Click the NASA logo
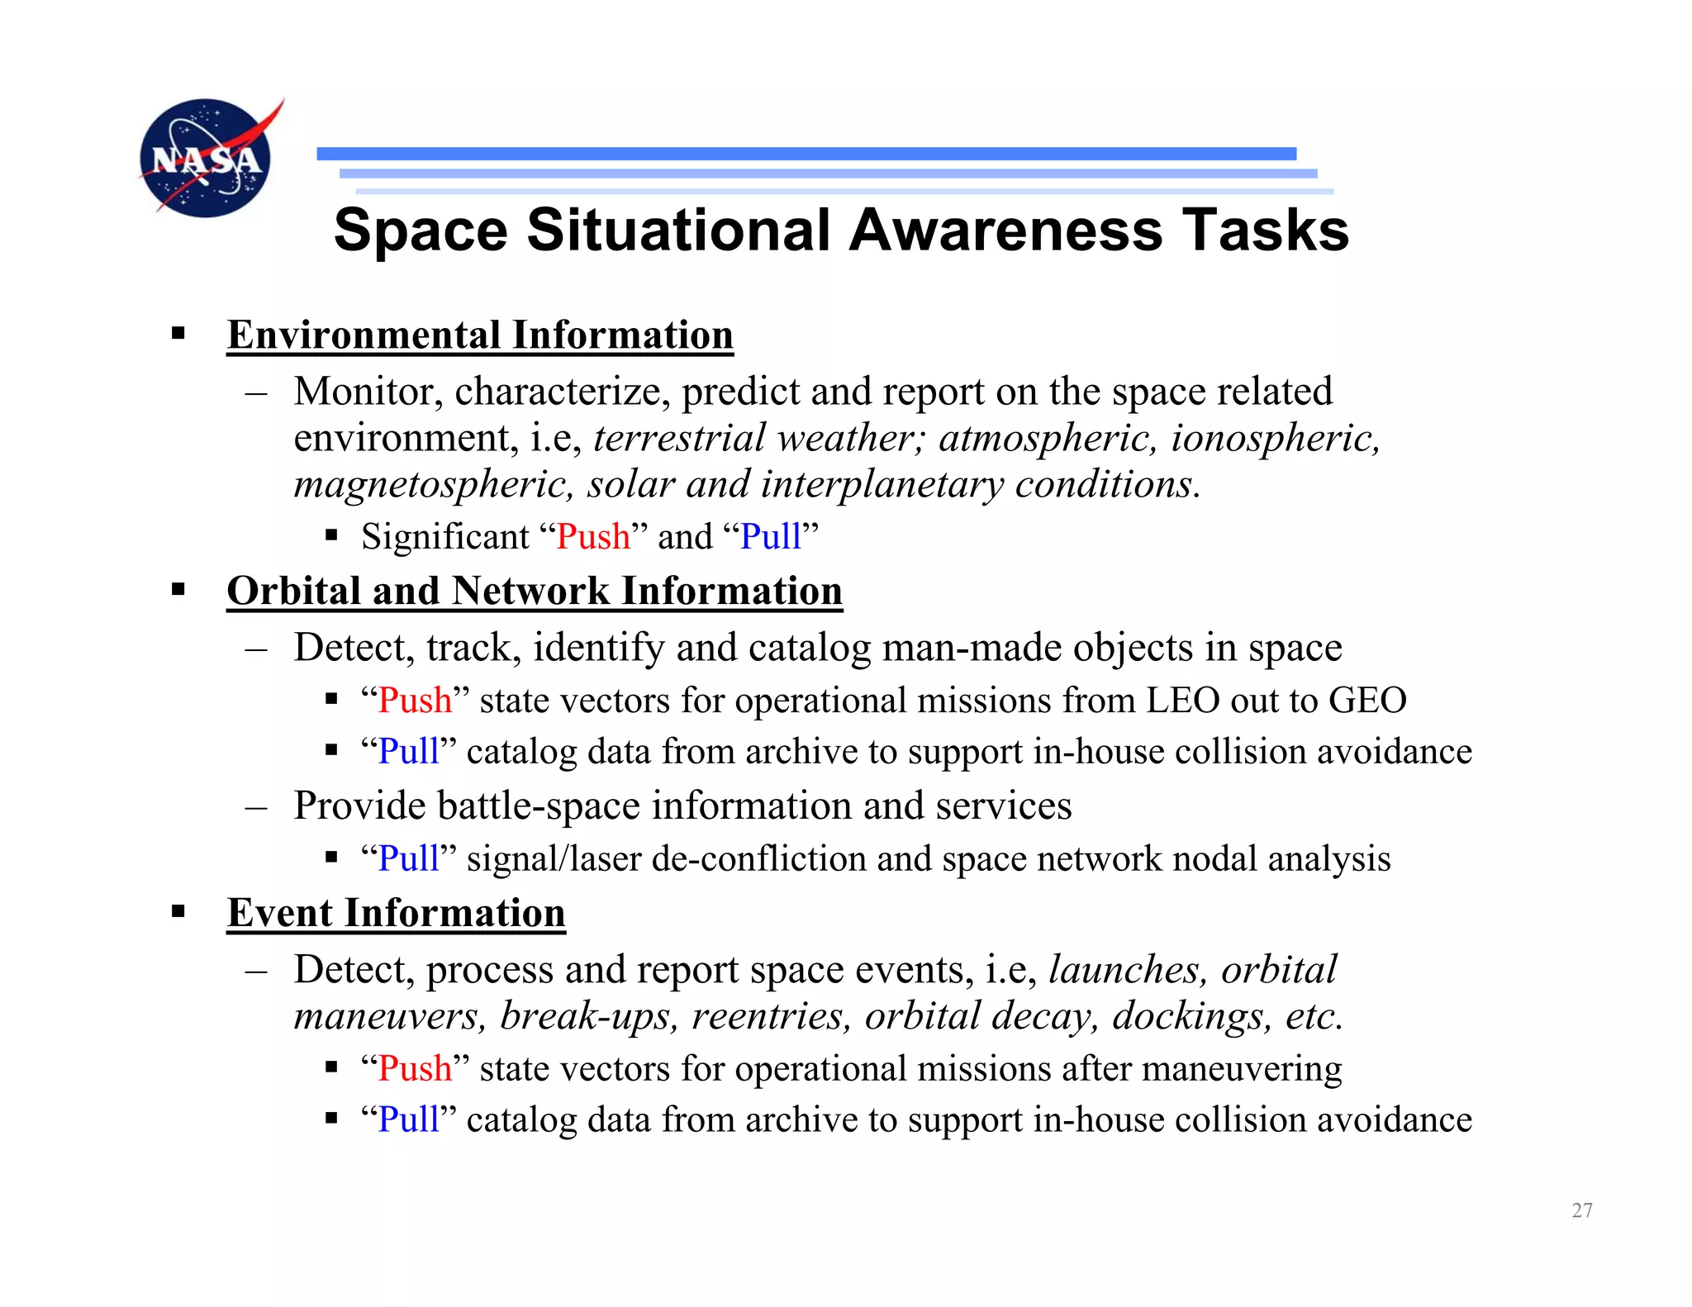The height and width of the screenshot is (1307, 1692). (x=207, y=159)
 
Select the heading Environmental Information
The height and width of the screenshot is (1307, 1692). (x=480, y=335)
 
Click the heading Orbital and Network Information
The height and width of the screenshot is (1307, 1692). (x=535, y=592)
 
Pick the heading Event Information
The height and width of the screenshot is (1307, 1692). (x=396, y=914)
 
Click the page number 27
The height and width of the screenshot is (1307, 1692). (x=1581, y=1210)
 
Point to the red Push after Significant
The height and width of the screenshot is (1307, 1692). (x=592, y=537)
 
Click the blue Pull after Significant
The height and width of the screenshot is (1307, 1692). (x=770, y=537)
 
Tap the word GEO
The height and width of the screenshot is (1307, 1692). (x=1367, y=701)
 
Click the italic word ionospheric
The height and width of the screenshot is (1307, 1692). (x=1275, y=438)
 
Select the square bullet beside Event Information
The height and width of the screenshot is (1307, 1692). (x=178, y=911)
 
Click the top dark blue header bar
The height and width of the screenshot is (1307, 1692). (x=806, y=154)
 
